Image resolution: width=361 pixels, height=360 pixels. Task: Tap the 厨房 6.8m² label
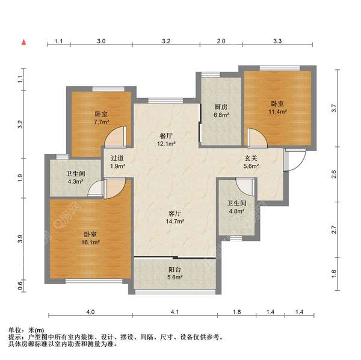pos(221,111)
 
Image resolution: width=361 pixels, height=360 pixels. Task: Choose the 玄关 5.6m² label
pos(251,163)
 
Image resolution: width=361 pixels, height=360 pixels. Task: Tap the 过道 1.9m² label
pos(118,163)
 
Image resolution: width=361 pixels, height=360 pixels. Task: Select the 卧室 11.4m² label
pos(277,107)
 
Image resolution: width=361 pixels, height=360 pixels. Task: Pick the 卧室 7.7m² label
pos(101,118)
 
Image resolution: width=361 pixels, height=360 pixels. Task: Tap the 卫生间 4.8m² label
pos(236,207)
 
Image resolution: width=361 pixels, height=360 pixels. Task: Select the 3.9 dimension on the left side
pos(20,238)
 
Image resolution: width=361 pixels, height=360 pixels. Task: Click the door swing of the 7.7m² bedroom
pos(117,137)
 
